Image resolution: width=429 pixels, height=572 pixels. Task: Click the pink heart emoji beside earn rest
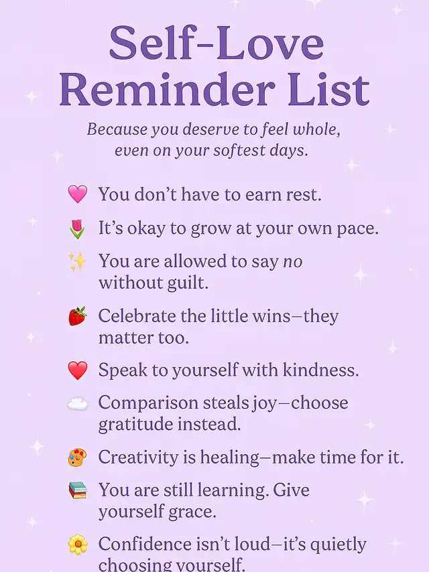pyautogui.click(x=78, y=194)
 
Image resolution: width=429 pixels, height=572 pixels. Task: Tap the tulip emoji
pyautogui.click(x=77, y=228)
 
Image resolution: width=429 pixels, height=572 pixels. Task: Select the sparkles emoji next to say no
pyautogui.click(x=77, y=262)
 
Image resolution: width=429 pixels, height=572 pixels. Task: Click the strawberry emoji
pyautogui.click(x=77, y=316)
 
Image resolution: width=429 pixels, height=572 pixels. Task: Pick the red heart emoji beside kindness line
pyautogui.click(x=78, y=370)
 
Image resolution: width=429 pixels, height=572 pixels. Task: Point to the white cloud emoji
pyautogui.click(x=77, y=404)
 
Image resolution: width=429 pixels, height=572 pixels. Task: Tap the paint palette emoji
pyautogui.click(x=77, y=457)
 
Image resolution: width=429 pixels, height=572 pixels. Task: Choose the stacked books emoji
pyautogui.click(x=78, y=490)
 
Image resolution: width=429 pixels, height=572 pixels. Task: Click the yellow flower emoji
pyautogui.click(x=78, y=545)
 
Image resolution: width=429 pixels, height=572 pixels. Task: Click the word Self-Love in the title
pyautogui.click(x=217, y=43)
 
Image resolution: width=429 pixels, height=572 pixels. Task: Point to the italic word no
pyautogui.click(x=293, y=262)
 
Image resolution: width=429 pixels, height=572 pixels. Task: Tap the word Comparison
pyautogui.click(x=148, y=404)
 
